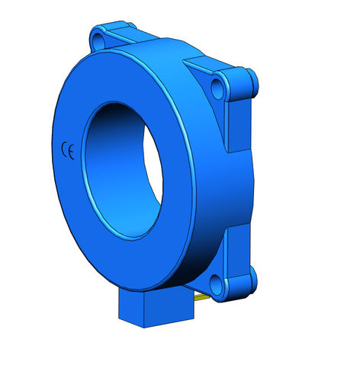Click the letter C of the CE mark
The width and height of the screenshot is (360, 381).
(65, 149)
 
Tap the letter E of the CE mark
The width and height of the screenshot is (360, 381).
(71, 152)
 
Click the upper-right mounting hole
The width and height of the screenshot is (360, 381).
(217, 89)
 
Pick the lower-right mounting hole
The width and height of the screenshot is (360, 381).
(217, 285)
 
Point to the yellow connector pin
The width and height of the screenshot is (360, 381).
(201, 297)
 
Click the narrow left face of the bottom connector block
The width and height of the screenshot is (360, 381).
(131, 307)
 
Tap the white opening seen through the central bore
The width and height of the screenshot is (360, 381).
(153, 165)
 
